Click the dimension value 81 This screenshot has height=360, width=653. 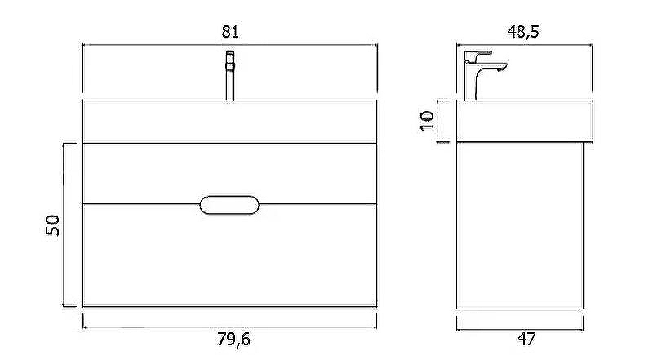[230, 32]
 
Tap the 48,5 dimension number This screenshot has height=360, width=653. [523, 32]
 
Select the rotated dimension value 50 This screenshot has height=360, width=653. [52, 225]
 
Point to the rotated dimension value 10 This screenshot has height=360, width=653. [427, 121]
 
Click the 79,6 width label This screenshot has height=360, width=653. [234, 340]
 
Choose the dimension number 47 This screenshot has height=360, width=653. [526, 339]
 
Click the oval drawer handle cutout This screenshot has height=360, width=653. [229, 205]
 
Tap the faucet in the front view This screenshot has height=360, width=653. [230, 76]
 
